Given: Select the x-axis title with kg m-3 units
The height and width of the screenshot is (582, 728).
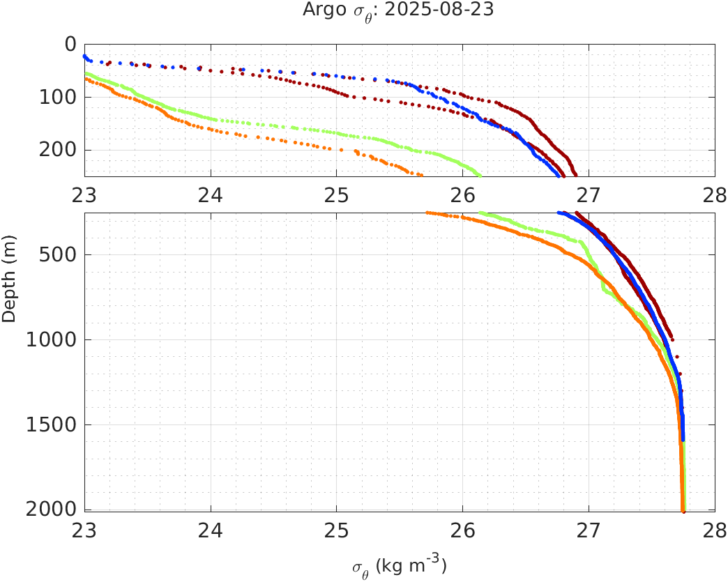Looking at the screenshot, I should [399, 565].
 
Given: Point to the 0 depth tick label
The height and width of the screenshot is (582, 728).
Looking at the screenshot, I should [70, 44].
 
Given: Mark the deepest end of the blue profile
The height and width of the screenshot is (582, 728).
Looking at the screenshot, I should [683, 440].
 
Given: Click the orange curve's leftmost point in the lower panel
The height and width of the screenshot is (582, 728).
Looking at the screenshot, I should [427, 213].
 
